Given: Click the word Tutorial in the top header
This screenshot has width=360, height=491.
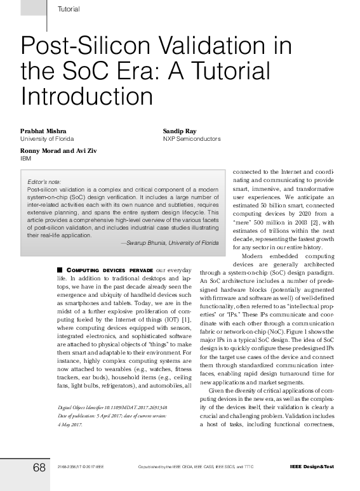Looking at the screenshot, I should tap(69, 8).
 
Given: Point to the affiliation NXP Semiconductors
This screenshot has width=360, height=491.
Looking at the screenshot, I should tap(192, 138).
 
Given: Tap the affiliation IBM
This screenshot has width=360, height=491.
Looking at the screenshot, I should tap(26, 159).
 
